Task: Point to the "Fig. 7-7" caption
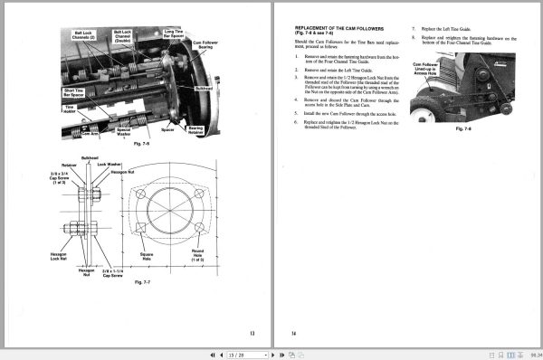[140, 283]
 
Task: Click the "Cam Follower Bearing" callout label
[210, 43]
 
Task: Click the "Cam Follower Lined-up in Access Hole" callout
[426, 71]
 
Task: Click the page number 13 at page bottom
[252, 334]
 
